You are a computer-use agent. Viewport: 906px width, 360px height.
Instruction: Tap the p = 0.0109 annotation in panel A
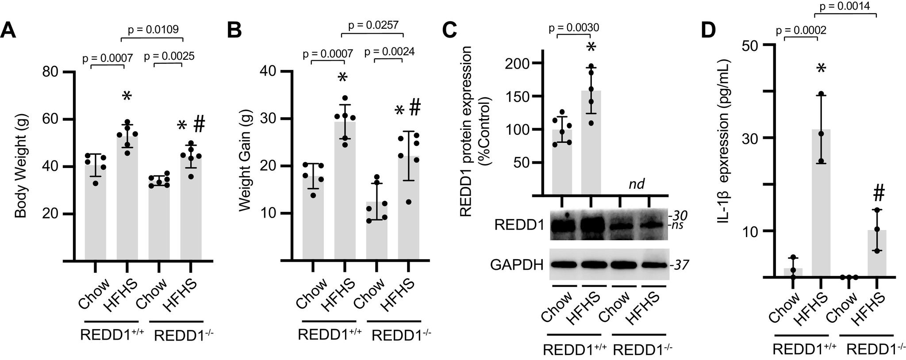(153, 30)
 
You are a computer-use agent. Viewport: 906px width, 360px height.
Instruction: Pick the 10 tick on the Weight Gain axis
(270, 213)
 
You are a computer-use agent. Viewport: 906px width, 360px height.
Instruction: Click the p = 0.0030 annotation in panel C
(574, 28)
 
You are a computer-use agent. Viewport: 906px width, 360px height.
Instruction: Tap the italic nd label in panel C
(636, 184)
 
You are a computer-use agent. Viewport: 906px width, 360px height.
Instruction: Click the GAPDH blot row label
(516, 264)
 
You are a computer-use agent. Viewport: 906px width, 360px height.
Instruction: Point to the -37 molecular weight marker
(678, 265)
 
